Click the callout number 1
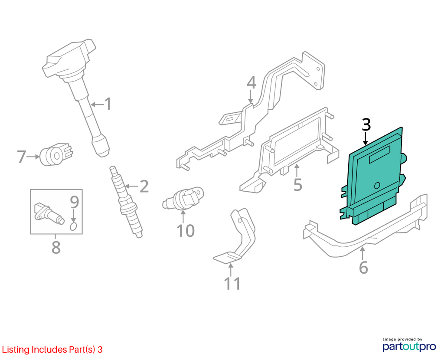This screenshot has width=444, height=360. tap(108, 104)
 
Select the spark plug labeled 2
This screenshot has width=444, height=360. tap(127, 202)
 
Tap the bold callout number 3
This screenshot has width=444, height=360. tap(366, 124)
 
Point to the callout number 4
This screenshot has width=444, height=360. tap(251, 83)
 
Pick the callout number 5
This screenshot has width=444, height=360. tap(298, 184)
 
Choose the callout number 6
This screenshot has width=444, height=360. tap(363, 267)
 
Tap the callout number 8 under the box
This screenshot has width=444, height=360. tap(56, 247)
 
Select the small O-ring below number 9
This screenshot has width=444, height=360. tap(73, 226)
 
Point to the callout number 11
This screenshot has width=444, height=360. tap(232, 283)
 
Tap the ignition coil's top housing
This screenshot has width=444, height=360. tap(69, 59)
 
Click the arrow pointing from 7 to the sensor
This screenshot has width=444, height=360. tap(33, 156)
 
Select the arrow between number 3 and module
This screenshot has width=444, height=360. tap(366, 138)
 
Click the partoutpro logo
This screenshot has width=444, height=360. tap(409, 344)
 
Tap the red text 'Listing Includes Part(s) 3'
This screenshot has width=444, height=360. tap(52, 350)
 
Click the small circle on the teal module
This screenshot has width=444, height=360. tap(377, 186)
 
